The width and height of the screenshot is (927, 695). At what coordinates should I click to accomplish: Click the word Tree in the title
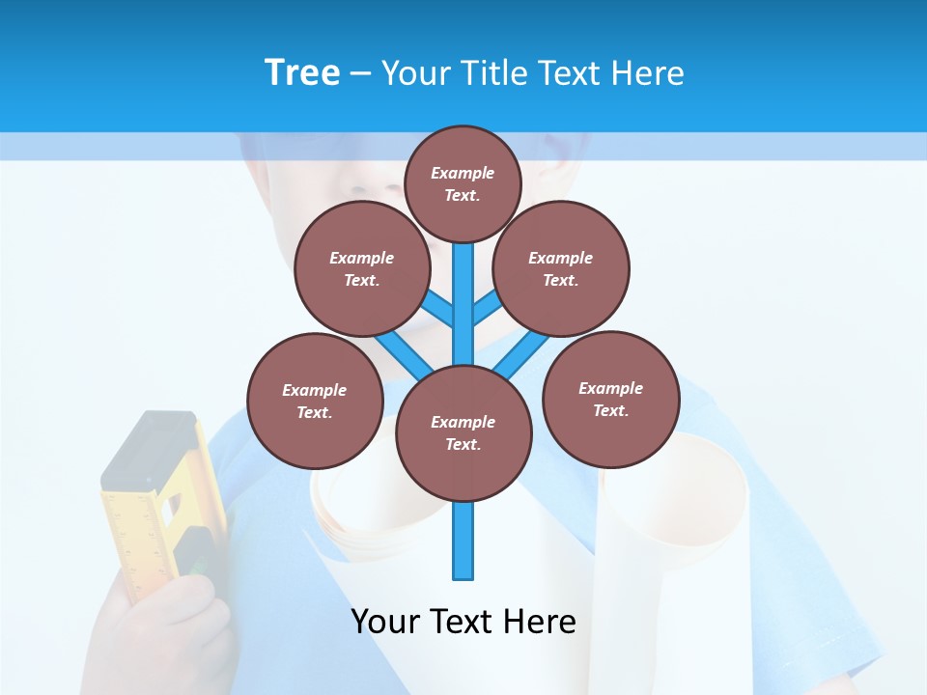302,73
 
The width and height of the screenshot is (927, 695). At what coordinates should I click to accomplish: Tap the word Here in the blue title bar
649,73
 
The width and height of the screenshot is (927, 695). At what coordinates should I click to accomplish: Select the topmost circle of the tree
463,183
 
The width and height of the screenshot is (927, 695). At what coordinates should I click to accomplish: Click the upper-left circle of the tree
362,268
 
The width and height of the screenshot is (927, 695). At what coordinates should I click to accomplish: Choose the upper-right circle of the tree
561,268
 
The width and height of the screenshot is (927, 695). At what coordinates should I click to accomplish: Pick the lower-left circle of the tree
315,401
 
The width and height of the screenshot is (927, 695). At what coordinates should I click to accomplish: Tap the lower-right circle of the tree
610,399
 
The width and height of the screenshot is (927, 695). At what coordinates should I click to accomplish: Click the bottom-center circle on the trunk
463,432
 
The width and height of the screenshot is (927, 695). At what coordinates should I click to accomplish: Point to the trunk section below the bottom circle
463,541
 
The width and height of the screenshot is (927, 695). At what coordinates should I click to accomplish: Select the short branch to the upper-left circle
437,310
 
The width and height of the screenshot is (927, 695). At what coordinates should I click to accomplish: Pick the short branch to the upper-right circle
488,308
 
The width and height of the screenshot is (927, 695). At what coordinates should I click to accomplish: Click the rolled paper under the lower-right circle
676,521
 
